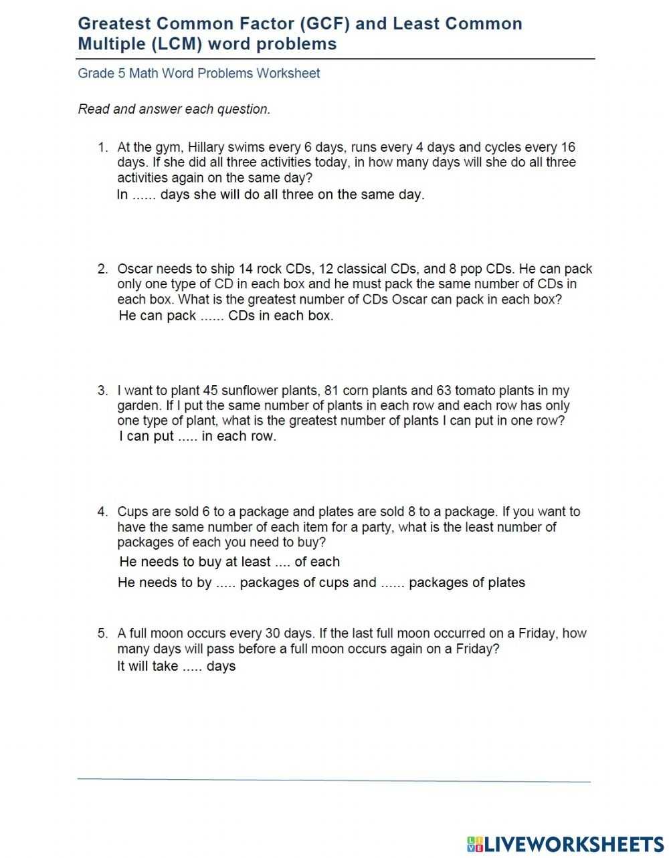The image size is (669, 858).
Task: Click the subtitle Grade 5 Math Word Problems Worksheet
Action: click(199, 74)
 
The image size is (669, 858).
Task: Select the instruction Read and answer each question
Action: click(174, 109)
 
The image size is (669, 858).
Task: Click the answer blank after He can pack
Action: click(212, 316)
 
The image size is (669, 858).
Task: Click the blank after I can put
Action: click(187, 437)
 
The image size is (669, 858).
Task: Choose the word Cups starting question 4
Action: click(132, 512)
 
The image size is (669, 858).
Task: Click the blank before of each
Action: click(282, 562)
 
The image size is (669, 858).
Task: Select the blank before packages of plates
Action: click(393, 583)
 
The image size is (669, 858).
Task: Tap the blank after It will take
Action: click(192, 667)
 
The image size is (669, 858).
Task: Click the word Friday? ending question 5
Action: click(478, 649)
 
